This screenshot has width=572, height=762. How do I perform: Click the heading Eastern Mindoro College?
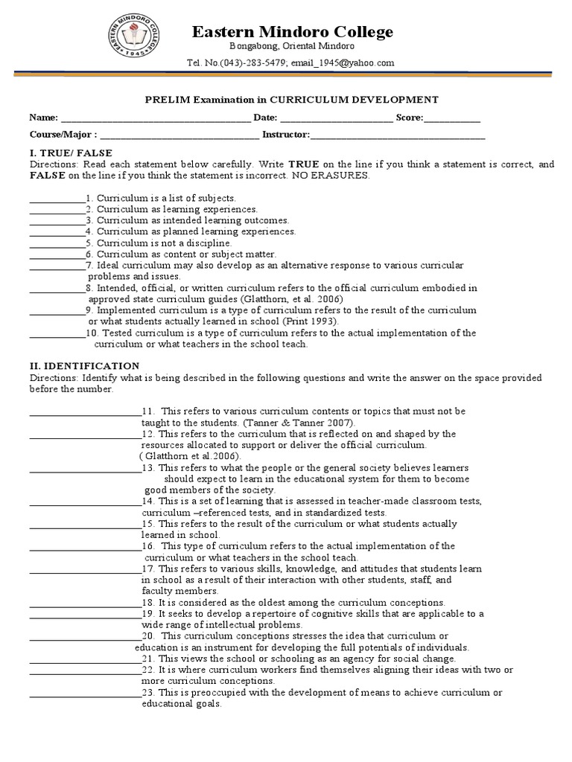point(293,31)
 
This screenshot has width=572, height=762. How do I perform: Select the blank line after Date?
point(337,119)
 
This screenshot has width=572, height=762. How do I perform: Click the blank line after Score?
point(452,119)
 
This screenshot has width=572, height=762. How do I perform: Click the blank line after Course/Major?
point(179,136)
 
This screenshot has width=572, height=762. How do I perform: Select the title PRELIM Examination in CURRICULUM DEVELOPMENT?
point(290,99)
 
